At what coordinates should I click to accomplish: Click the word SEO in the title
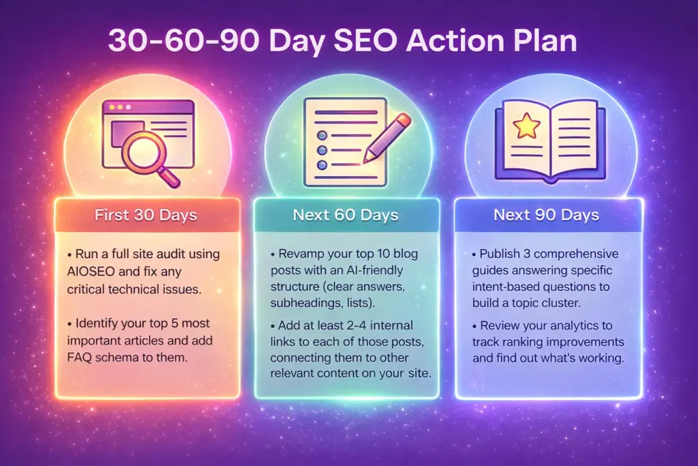pyautogui.click(x=365, y=41)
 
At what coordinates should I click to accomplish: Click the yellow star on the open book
pyautogui.click(x=527, y=125)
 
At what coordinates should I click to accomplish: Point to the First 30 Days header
pyautogui.click(x=146, y=215)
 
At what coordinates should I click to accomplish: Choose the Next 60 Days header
pyautogui.click(x=346, y=215)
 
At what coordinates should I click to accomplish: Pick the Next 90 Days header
pyautogui.click(x=546, y=215)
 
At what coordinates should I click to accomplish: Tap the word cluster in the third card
pyautogui.click(x=562, y=303)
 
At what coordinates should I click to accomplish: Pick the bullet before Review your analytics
pyautogui.click(x=474, y=327)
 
